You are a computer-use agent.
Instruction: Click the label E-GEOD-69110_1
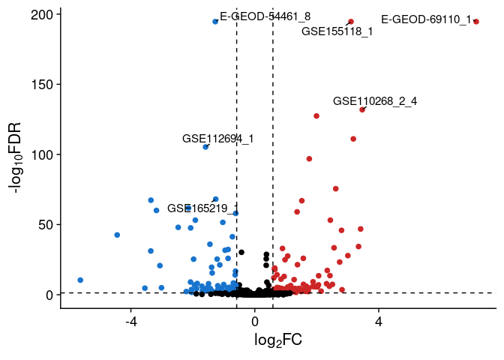426,19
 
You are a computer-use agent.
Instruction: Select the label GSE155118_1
337,31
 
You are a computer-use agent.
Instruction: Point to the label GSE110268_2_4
375,101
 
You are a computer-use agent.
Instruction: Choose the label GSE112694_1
218,139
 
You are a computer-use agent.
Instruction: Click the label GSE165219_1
202,208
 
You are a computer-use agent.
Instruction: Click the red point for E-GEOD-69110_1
476,22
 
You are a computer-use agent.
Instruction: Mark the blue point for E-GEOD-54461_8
215,22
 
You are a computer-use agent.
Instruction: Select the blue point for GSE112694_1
205,147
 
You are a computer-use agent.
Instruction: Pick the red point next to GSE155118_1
351,22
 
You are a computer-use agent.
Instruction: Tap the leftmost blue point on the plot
80,280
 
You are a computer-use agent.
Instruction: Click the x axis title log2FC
278,341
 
